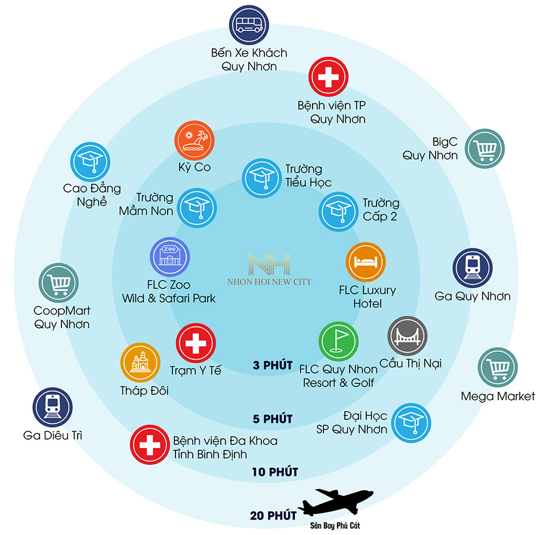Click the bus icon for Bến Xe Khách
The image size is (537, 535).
point(249,25)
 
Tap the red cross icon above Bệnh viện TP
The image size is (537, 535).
point(328,77)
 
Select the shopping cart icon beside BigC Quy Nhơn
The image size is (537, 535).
point(484,149)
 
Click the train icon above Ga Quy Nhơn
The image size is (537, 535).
point(473,268)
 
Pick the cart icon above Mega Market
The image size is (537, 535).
point(498,367)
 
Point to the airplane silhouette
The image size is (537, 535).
point(335,502)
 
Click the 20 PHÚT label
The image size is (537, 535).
point(273,515)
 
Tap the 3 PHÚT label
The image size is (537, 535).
point(273,365)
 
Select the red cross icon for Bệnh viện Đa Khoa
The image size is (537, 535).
point(150,444)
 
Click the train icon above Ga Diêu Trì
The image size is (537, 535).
point(53,407)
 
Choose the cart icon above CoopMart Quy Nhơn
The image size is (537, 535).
point(58,283)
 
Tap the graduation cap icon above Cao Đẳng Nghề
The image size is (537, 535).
point(90,162)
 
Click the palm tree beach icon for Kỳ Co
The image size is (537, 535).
point(195,140)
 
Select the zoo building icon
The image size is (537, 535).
point(170,256)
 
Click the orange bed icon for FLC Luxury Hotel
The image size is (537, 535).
point(366,262)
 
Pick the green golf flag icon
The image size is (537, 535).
point(339,341)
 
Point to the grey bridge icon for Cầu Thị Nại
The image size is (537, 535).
point(408,336)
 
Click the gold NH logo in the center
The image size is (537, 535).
point(270,264)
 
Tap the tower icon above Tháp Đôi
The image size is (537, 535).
point(140,363)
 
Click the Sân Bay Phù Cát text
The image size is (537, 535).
point(335,526)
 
